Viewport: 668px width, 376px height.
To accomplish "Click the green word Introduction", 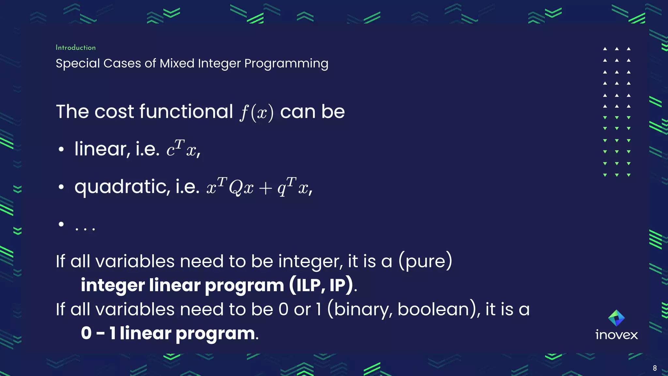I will coord(76,48).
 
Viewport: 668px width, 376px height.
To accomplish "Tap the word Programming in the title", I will coord(286,64).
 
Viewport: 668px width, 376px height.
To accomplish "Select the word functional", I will coord(186,112).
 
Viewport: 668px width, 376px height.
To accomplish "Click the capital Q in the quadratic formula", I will coord(235,188).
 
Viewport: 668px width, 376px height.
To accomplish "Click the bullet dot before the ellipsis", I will coord(61,224).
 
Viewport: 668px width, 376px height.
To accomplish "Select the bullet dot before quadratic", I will coord(61,187).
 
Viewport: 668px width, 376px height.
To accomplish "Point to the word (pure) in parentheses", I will coord(425,261).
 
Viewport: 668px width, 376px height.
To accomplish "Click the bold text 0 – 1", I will coord(98,333).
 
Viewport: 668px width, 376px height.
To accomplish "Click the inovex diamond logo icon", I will coord(616,318).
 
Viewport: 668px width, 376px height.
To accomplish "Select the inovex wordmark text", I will coord(616,335).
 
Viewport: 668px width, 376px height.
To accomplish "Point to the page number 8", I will coord(655,368).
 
